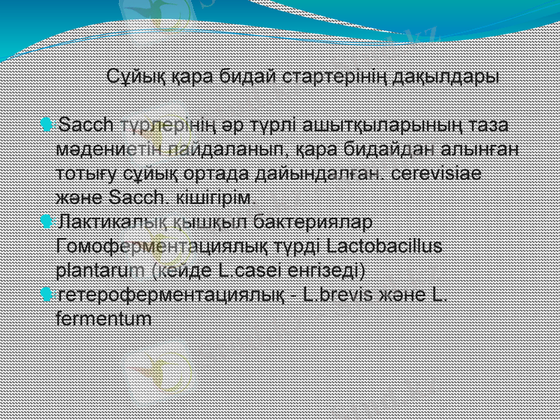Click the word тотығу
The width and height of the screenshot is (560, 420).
tap(80, 172)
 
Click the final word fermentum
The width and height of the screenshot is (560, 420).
tap(102, 318)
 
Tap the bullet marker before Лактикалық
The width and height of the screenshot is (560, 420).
tap(46, 222)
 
